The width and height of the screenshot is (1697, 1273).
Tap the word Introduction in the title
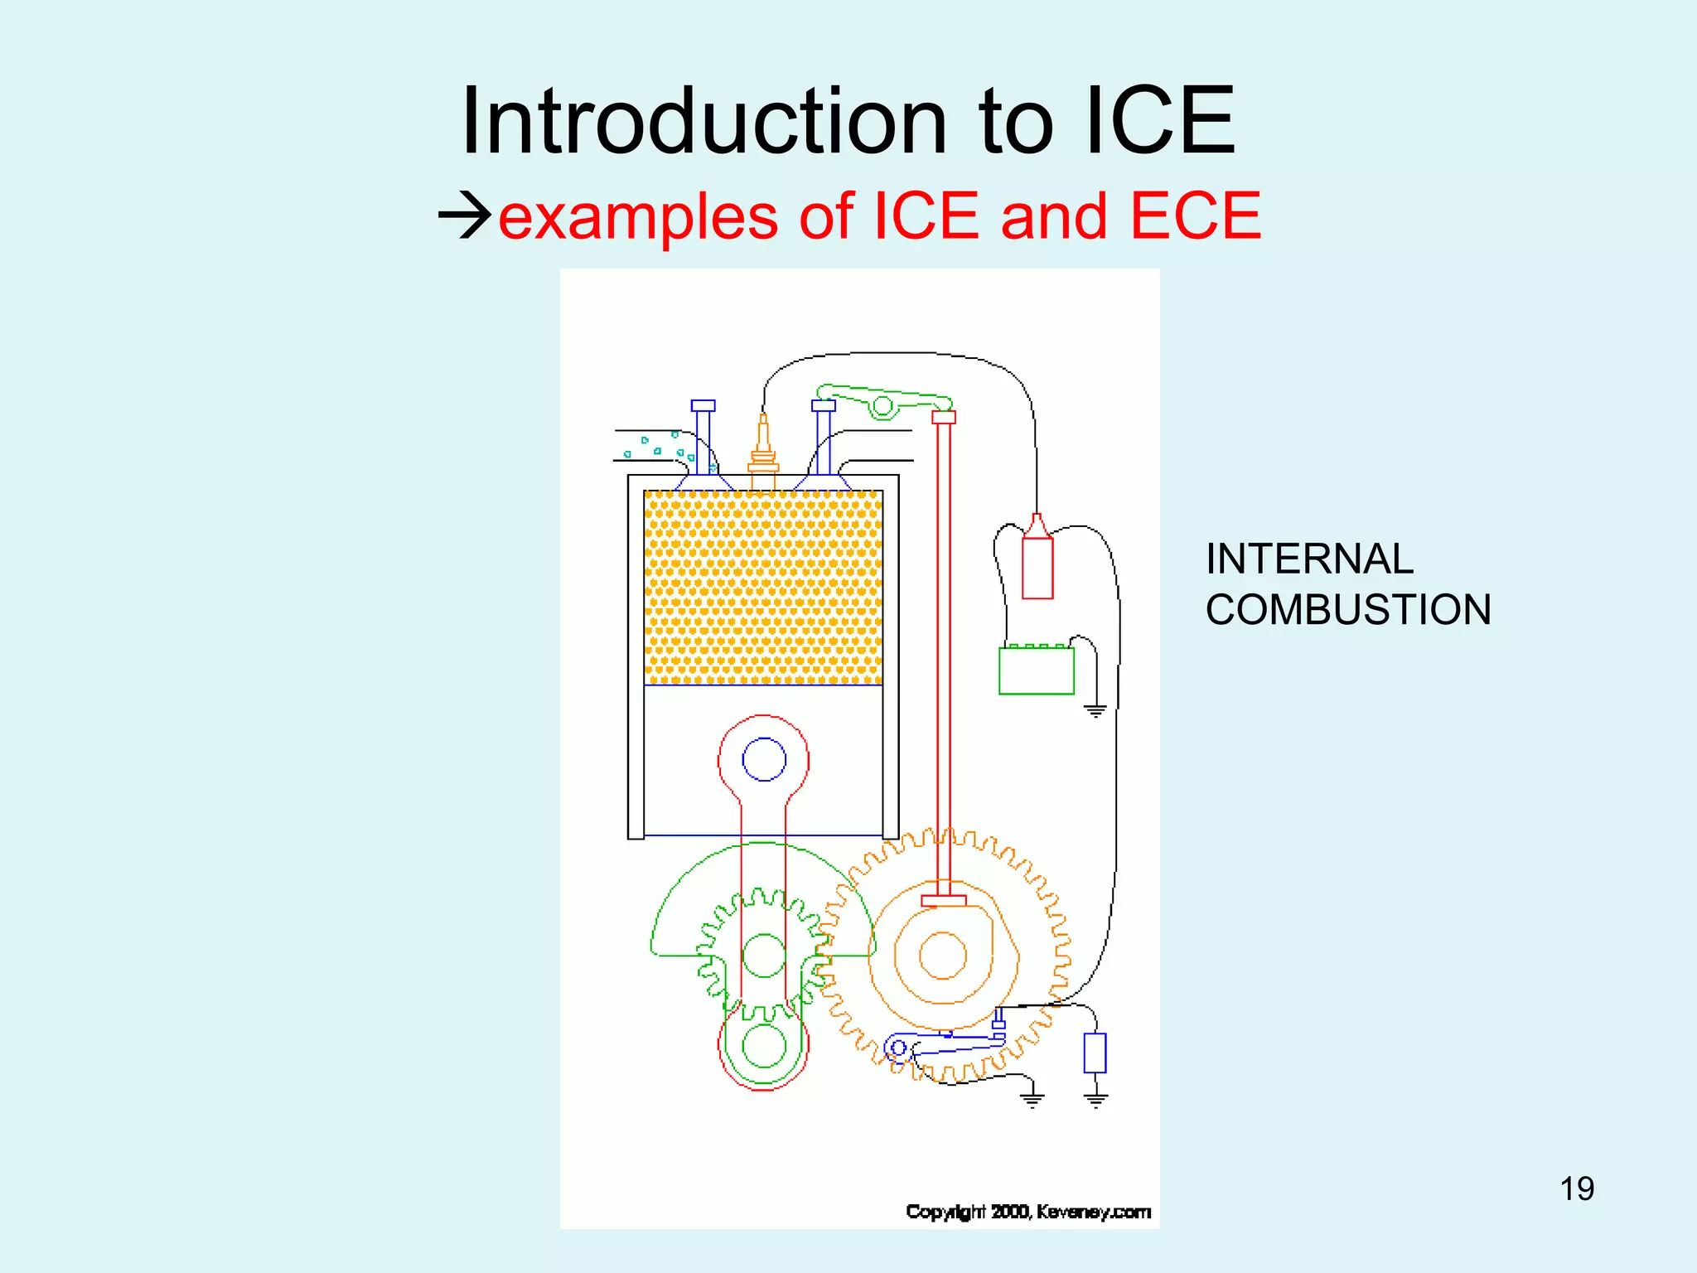[703, 122]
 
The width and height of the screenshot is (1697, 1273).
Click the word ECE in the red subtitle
[1195, 216]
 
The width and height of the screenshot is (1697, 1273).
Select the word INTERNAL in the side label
[1309, 559]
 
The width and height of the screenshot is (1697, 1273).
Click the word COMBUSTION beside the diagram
[1348, 610]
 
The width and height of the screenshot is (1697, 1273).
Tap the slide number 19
[1577, 1189]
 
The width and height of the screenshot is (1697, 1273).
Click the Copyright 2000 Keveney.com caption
[1028, 1212]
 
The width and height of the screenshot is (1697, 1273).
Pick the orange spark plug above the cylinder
[763, 448]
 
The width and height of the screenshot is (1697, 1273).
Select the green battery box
[1036, 670]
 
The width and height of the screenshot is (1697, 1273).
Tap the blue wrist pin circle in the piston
[763, 759]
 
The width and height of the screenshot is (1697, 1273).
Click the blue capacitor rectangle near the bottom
[1095, 1053]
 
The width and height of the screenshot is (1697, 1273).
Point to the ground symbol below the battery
[1095, 710]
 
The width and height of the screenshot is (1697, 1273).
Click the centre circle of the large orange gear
[943, 955]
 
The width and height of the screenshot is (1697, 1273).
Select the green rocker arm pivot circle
[883, 406]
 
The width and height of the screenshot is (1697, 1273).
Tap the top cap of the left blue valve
[703, 406]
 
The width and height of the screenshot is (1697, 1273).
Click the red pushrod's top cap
[944, 417]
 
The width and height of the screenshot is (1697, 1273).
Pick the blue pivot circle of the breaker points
[897, 1048]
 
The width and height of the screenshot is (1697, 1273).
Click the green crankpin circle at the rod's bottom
[763, 1046]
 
